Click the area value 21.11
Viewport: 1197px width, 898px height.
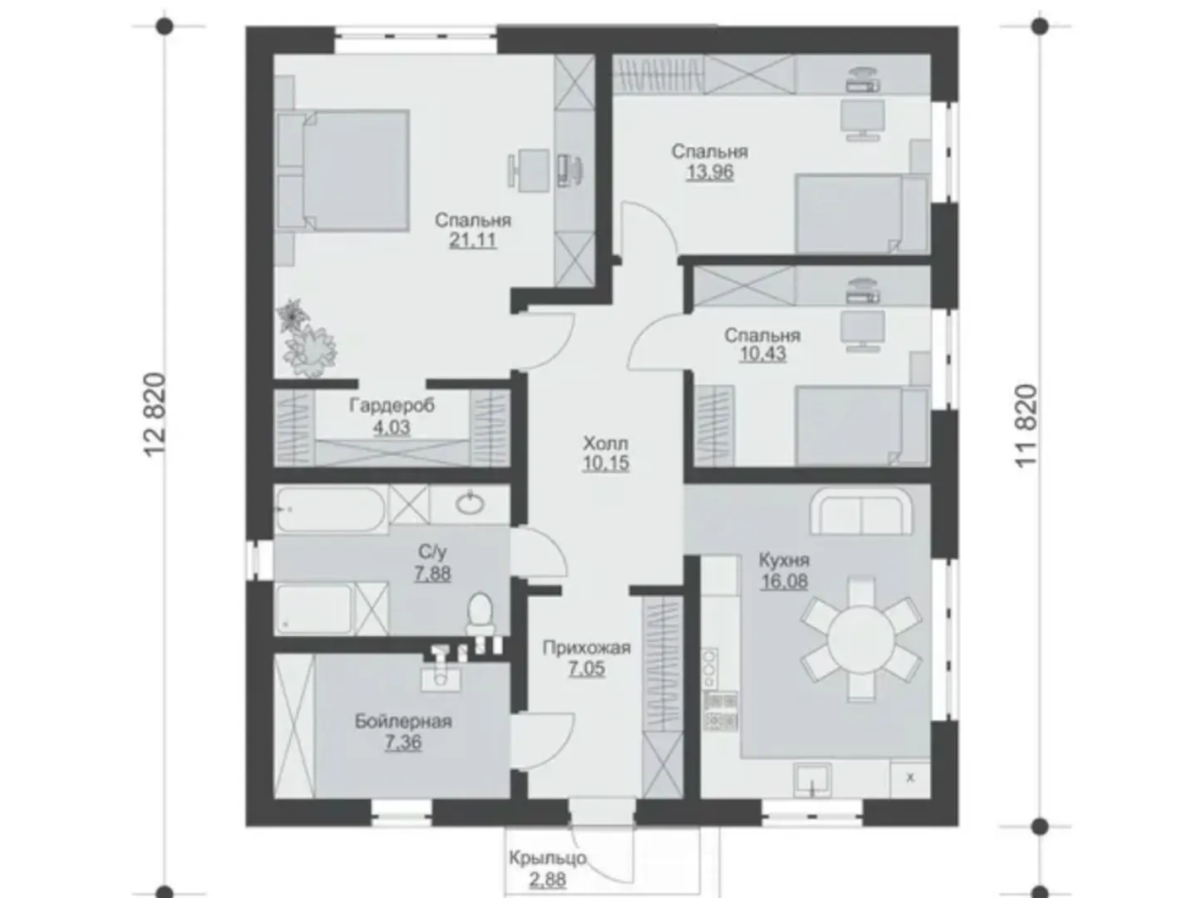pyautogui.click(x=473, y=240)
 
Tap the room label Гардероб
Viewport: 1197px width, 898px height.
pyautogui.click(x=392, y=406)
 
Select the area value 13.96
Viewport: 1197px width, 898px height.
pyautogui.click(x=710, y=172)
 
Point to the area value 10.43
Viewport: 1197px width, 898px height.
pyautogui.click(x=762, y=354)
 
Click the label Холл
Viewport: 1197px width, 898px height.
pyautogui.click(x=605, y=442)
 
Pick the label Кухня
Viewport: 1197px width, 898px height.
pyautogui.click(x=784, y=560)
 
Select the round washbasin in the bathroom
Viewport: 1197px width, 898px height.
pyautogui.click(x=470, y=503)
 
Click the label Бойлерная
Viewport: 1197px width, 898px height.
pyautogui.click(x=403, y=722)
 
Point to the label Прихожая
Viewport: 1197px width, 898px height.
pyautogui.click(x=586, y=647)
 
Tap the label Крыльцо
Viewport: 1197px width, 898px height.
pyautogui.click(x=548, y=857)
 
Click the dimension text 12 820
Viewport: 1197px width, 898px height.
pyautogui.click(x=155, y=414)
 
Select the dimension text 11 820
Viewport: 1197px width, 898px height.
pyautogui.click(x=1026, y=426)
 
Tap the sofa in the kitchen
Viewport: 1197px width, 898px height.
pyautogui.click(x=860, y=511)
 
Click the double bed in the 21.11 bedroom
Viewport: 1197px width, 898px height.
pyautogui.click(x=343, y=170)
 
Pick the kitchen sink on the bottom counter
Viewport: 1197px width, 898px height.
pyautogui.click(x=812, y=779)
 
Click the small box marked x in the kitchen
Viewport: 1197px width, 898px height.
pyautogui.click(x=909, y=778)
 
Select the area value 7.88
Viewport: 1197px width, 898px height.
pyautogui.click(x=432, y=574)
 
